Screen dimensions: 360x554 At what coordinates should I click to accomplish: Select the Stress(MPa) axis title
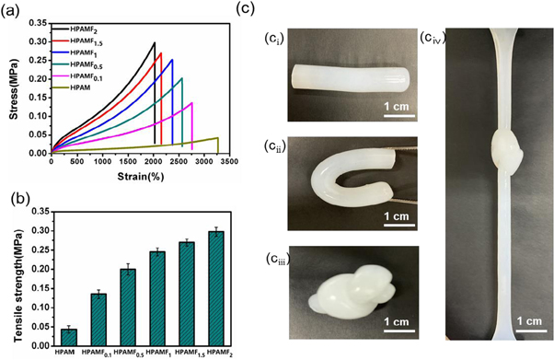[14, 82]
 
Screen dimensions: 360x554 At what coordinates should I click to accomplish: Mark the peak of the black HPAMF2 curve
[155, 42]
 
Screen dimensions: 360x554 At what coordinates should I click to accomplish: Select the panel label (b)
[14, 197]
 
